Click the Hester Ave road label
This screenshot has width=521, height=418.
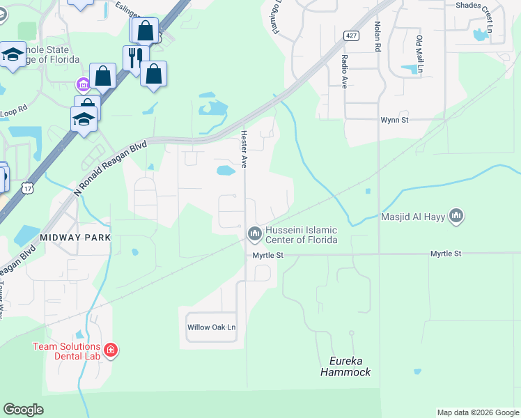244,149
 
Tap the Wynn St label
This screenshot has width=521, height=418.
394,119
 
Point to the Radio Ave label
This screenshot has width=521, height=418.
344,72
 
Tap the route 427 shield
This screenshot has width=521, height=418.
350,35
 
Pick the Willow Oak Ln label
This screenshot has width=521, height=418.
212,327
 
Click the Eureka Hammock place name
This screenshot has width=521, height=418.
345,366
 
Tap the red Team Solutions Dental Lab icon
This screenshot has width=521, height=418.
110,350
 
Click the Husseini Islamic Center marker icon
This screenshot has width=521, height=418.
254,233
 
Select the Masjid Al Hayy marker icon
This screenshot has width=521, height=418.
456,217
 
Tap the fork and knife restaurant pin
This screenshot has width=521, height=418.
135,57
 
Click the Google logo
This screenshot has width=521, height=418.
23,410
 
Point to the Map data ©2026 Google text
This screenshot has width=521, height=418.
477,412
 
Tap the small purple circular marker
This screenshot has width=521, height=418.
82,85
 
